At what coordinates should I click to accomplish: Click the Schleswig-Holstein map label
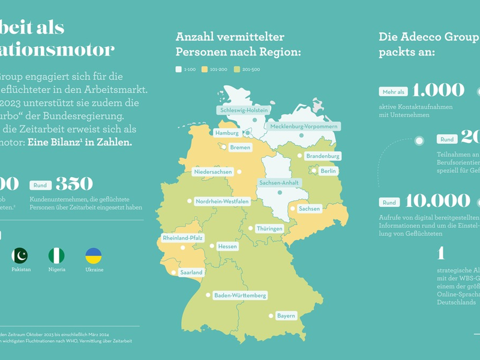pos(242,111)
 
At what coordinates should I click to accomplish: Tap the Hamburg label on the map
pos(226,133)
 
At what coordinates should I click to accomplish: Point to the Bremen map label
pos(239,148)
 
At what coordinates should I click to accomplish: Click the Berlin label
pos(329,171)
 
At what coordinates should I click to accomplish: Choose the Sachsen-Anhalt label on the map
pos(279,182)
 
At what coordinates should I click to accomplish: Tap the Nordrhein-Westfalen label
pos(222,202)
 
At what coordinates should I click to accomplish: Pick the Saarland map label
pos(191,272)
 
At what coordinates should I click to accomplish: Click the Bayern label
pos(286,315)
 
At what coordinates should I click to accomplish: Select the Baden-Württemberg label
pos(240,295)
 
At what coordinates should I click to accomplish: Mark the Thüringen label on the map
pos(269,229)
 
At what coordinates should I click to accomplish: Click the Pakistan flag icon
pos(19,256)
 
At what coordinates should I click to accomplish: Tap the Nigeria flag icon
pos(56,256)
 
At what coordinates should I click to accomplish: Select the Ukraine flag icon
pos(94,256)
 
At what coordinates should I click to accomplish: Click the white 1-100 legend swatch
pos(178,70)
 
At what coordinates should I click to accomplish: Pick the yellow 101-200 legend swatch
pos(204,70)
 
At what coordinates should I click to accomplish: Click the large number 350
pos(74,184)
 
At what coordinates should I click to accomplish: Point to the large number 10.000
pos(437,200)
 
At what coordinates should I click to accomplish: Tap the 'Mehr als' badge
pos(393,92)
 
